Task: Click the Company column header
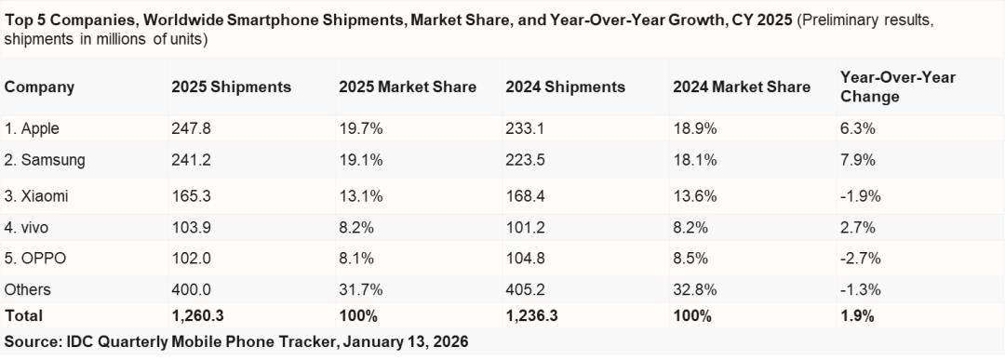pyautogui.click(x=39, y=87)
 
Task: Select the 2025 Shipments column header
pyautogui.click(x=231, y=87)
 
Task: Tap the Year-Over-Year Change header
pyautogui.click(x=885, y=87)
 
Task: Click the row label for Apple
pyautogui.click(x=32, y=129)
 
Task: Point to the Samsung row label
pyautogui.click(x=45, y=160)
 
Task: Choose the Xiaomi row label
pyautogui.click(x=36, y=197)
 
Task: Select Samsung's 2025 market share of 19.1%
pyautogui.click(x=358, y=160)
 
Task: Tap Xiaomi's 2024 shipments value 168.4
pyautogui.click(x=524, y=197)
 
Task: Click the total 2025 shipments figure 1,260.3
pyautogui.click(x=198, y=316)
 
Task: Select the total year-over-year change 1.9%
pyautogui.click(x=856, y=316)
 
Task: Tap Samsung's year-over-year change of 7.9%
pyautogui.click(x=857, y=160)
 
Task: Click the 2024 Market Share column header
pyautogui.click(x=741, y=87)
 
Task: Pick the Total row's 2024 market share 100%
pyautogui.click(x=690, y=316)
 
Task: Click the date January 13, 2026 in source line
pyautogui.click(x=406, y=342)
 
